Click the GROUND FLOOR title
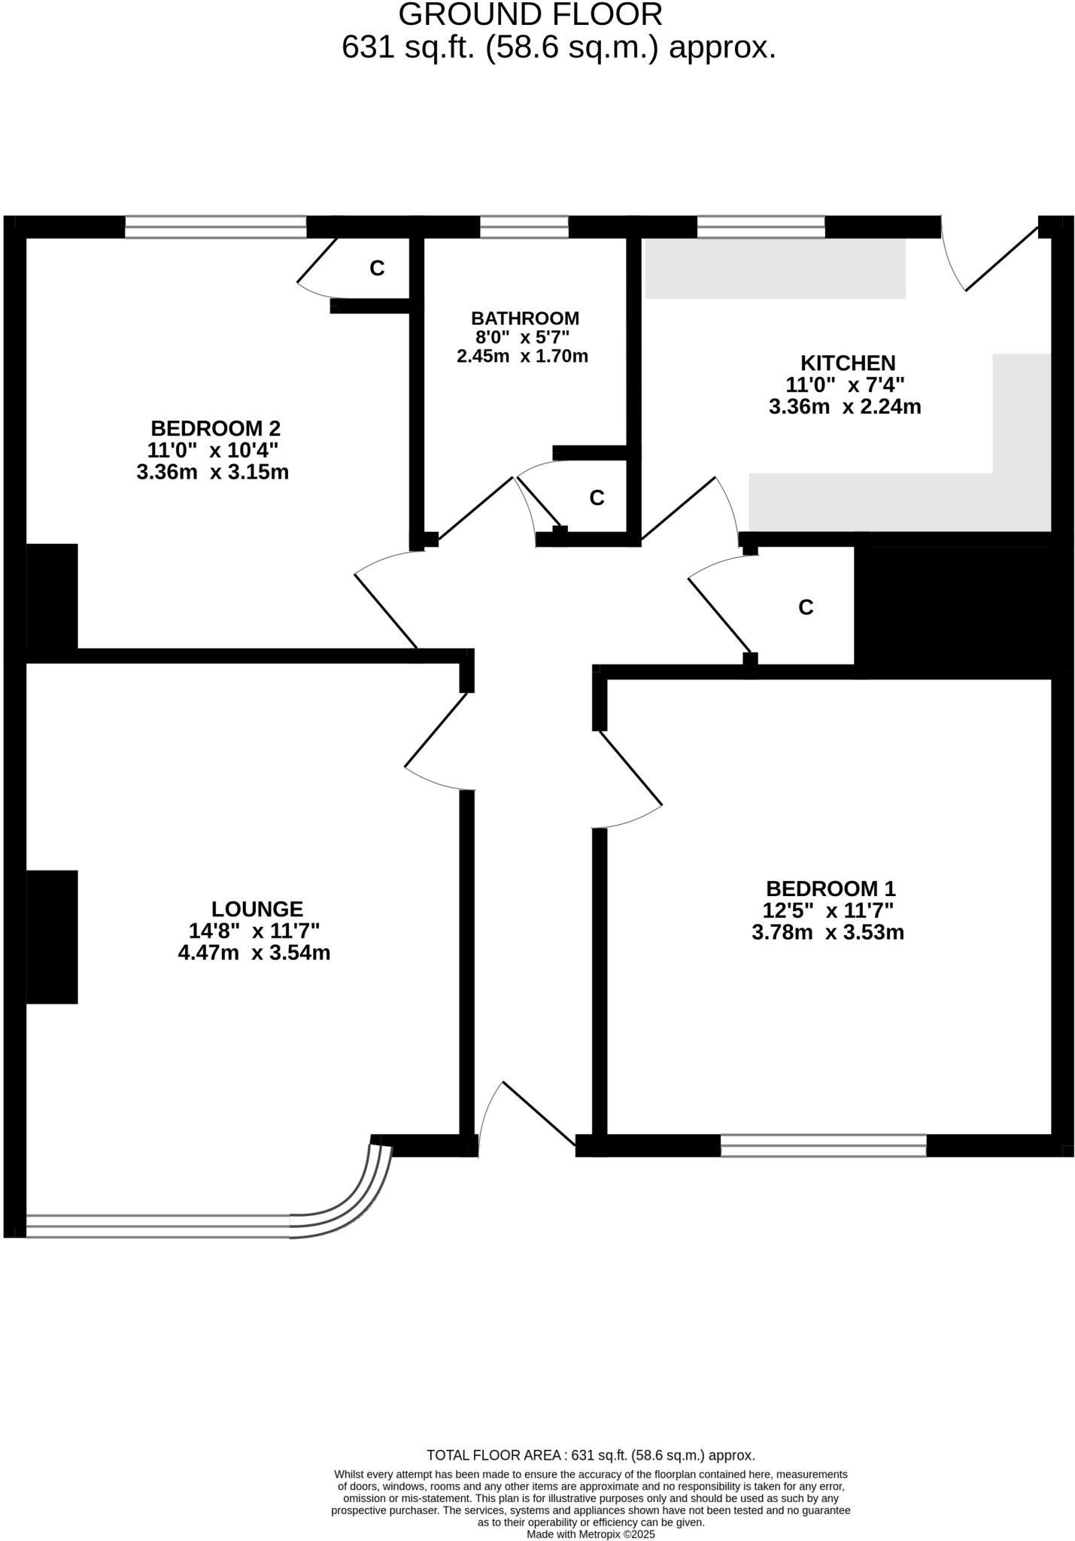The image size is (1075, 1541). (530, 15)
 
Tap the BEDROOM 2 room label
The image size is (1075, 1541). (215, 429)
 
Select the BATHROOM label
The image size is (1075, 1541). (525, 318)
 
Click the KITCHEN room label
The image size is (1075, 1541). (847, 363)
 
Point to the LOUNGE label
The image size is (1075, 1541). (257, 909)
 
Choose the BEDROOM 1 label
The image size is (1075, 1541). (831, 889)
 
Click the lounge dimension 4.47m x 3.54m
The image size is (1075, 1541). (254, 953)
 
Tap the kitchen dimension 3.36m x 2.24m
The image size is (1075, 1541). (845, 408)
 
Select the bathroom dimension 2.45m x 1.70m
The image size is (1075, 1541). (522, 357)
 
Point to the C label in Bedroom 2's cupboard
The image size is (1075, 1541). (377, 268)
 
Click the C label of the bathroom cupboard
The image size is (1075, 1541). (597, 498)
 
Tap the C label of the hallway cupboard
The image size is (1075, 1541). (806, 607)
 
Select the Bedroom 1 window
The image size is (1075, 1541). (823, 1145)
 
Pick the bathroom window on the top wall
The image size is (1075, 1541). (524, 226)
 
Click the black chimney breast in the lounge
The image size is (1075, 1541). (52, 937)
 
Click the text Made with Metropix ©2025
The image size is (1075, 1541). (591, 1534)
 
